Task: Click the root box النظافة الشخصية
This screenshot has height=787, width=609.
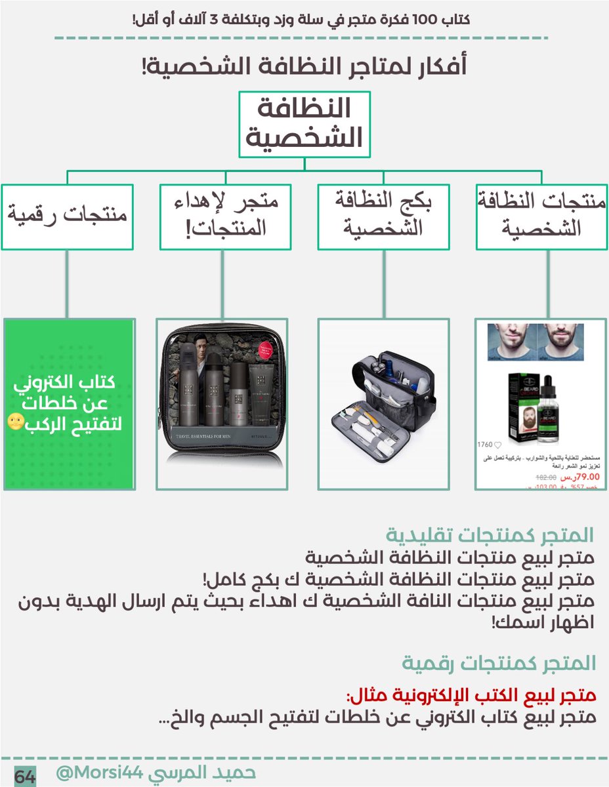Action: coord(304,124)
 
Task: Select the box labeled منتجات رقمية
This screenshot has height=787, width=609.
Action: coord(67,216)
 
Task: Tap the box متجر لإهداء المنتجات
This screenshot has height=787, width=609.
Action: coord(225,216)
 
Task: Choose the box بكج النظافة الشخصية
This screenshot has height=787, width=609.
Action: coord(383,216)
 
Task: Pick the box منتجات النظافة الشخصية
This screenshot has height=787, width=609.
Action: coord(541,216)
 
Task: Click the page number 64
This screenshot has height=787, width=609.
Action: coord(24,777)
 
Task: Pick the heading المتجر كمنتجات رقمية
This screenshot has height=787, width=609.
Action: coord(499,663)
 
